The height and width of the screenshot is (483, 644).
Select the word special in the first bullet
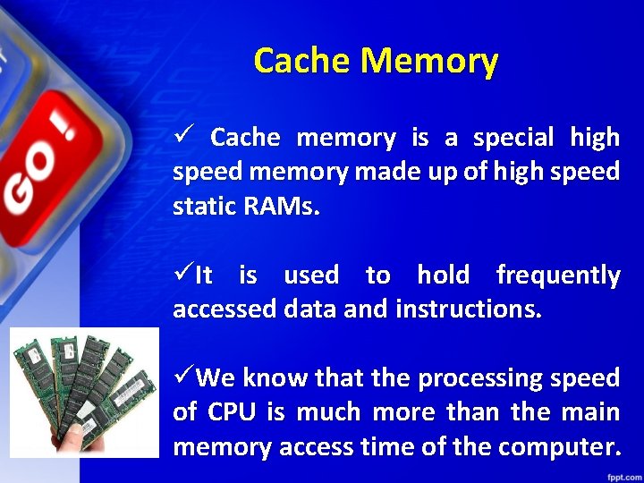click(514, 138)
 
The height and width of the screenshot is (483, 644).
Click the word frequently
click(557, 275)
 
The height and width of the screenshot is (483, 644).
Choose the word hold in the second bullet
click(443, 275)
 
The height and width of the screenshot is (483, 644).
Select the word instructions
click(468, 309)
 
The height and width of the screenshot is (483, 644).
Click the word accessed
click(224, 309)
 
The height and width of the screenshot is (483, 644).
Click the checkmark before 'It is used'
click(182, 275)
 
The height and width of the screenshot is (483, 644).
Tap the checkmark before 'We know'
click(182, 377)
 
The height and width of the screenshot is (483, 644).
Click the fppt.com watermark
click(621, 475)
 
